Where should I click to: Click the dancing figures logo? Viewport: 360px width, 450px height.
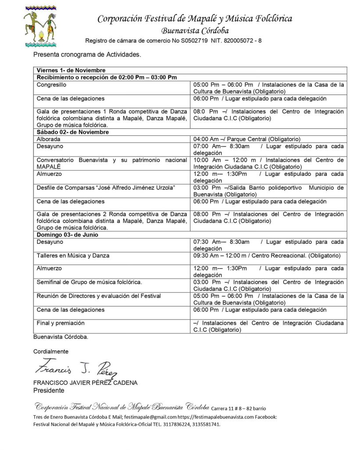point(40,26)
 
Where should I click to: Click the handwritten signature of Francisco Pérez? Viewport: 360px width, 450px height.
point(76,368)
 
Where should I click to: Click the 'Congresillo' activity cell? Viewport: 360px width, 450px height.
point(52,84)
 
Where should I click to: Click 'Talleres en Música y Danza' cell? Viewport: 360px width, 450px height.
point(73,255)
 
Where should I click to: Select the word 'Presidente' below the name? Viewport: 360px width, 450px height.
point(49,390)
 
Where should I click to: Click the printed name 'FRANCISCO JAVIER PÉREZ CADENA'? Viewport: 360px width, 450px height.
point(85,383)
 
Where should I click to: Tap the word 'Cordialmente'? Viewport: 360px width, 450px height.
point(51,352)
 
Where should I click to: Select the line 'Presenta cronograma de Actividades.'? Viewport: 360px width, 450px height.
point(87,55)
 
